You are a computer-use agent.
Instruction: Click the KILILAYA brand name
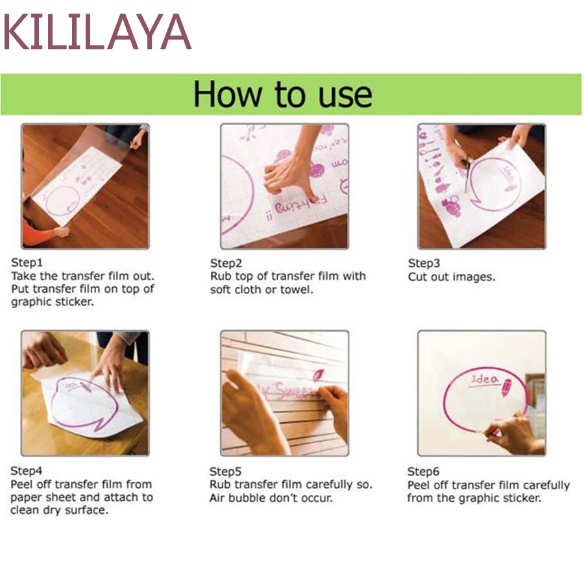[97, 32]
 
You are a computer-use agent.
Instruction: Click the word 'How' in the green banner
[228, 94]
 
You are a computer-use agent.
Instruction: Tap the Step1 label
[27, 263]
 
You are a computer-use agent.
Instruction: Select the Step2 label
[226, 263]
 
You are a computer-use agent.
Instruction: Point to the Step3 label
[424, 263]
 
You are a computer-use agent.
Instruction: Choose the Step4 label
[26, 471]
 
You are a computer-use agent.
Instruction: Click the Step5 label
[225, 472]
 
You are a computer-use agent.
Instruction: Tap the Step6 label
[423, 472]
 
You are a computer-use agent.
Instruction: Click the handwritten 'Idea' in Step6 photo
[484, 380]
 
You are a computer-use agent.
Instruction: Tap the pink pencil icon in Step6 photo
[507, 387]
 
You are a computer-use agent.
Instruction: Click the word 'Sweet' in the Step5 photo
[294, 391]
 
